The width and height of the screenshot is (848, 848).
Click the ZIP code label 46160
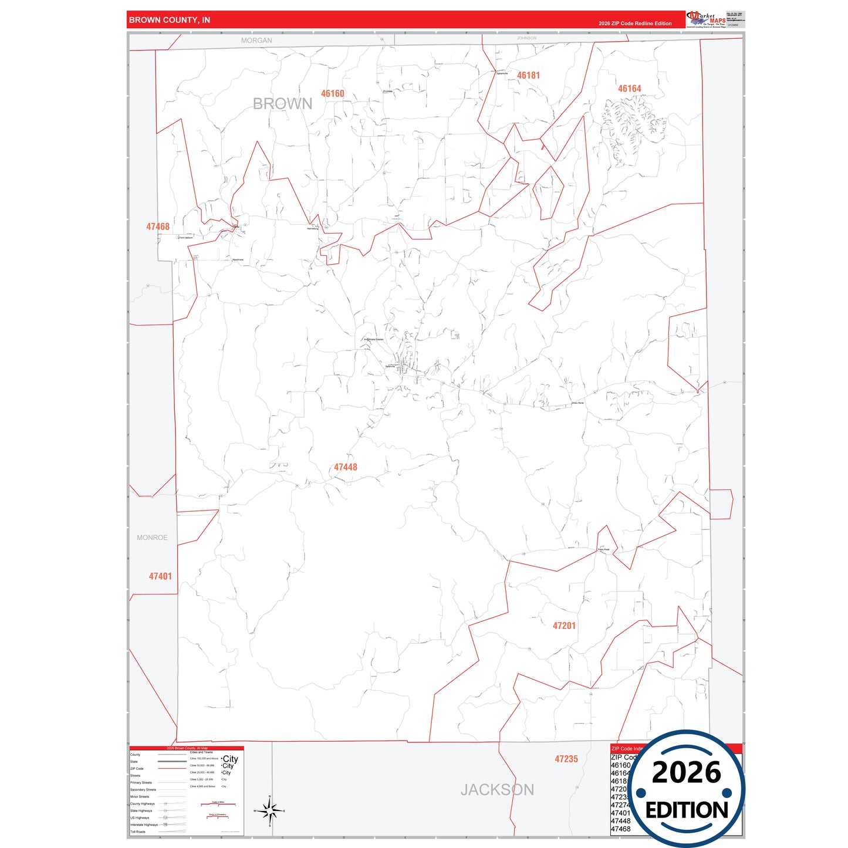333,94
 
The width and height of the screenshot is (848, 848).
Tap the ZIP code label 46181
528,75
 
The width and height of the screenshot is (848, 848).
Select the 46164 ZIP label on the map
629,89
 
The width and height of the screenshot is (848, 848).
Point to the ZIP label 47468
158,227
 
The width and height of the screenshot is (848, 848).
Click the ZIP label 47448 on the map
346,467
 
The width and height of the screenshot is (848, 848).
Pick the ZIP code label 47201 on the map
564,626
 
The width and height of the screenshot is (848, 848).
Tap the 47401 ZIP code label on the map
160,576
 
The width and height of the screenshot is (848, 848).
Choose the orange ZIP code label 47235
566,759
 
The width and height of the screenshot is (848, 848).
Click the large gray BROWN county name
282,104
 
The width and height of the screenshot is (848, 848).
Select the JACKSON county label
497,790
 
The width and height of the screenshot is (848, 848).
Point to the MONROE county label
152,538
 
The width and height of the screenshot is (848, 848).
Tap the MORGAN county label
256,40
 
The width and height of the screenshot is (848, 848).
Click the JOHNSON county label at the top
526,38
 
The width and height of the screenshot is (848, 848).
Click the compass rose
269,811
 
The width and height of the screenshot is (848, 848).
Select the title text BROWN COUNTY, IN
170,20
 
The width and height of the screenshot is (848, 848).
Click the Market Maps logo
706,19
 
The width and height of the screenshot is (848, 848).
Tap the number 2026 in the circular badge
686,772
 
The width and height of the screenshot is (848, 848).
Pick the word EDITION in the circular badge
687,810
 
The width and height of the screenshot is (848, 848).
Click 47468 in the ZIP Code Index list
620,829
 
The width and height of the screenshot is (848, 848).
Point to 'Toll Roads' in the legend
138,832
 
